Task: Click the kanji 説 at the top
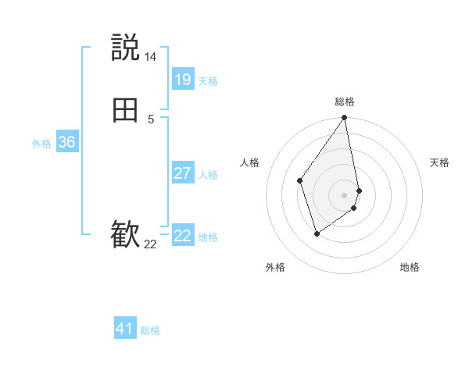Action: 125,48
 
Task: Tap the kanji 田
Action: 125,111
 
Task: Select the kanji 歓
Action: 125,235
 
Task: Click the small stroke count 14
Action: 150,57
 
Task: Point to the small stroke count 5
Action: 151,119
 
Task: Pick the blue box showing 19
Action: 182,80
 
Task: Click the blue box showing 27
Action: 182,173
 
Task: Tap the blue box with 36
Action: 66,142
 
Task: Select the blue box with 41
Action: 125,329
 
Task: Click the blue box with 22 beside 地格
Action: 182,236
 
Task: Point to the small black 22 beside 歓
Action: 150,244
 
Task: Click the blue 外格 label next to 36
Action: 41,144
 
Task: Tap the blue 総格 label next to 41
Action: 150,330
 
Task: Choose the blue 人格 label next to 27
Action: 208,175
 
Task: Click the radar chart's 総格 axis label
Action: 345,102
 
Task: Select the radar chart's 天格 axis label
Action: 439,162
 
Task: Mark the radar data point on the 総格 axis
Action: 345,118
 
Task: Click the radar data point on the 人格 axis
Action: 300,180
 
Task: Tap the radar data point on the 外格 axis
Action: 317,233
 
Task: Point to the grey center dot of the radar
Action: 345,194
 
